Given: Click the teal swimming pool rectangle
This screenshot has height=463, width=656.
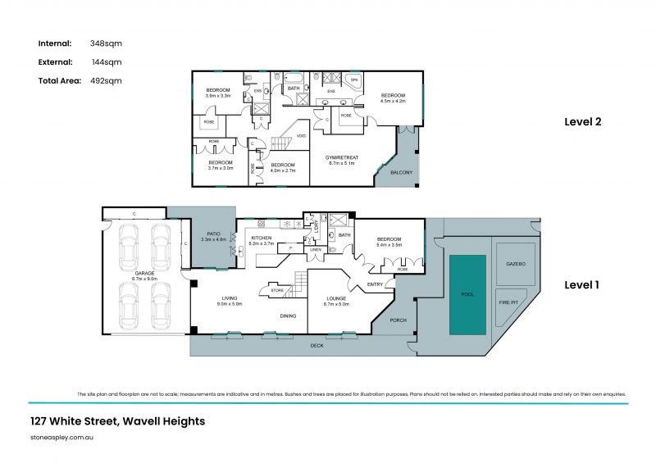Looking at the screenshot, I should coord(467,294).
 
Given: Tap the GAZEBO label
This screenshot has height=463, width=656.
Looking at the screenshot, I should coord(515,265).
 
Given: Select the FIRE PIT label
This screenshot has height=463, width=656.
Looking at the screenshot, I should coord(508,302).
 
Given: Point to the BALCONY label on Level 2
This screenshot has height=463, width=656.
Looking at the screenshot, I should coord(401,173).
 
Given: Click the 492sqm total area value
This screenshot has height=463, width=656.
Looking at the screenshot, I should coord(107,80).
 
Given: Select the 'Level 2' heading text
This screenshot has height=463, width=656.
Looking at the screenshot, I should coord(583,121).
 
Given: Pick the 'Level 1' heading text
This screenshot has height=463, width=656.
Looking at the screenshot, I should coord(582,285).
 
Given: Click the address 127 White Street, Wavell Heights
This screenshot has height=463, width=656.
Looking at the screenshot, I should coord(116,421).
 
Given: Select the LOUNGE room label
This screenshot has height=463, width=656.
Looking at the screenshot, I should coord(337,297).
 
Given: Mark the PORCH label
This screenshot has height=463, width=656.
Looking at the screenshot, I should coord(398,320).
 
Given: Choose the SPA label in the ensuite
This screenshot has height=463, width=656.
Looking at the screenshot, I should coord(354,79).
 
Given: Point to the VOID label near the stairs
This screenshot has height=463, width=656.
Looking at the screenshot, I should coord(301,135).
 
